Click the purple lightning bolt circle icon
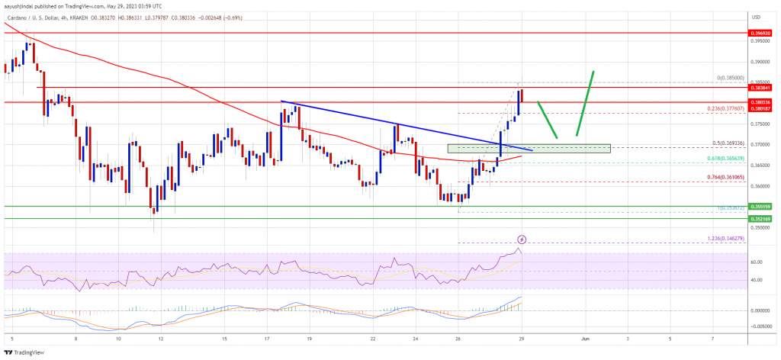522,239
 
